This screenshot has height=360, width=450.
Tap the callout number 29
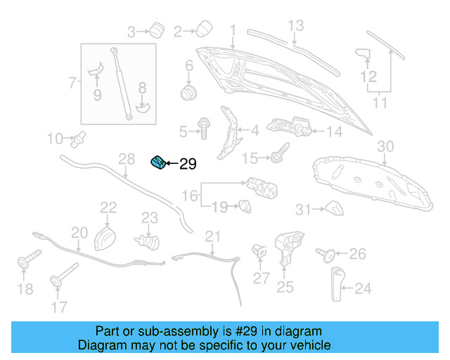click(188, 165)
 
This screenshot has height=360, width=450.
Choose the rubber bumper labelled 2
click(205, 28)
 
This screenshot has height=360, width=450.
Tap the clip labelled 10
click(78, 139)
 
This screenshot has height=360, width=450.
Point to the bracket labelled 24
click(336, 285)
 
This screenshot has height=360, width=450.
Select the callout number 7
click(72, 84)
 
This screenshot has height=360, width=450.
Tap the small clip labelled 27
click(257, 251)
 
